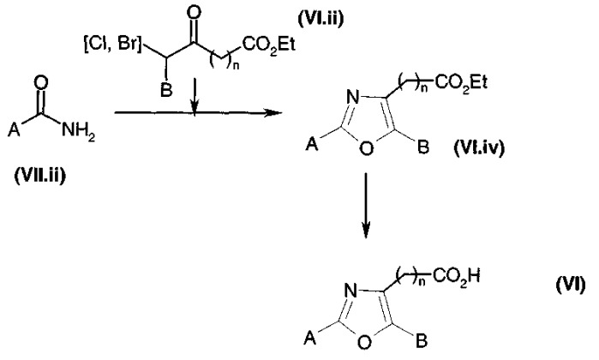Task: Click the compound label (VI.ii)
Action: click(320, 18)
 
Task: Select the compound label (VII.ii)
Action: click(40, 176)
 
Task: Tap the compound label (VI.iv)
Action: click(479, 147)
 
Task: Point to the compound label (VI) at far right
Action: click(570, 285)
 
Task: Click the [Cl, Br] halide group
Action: click(112, 45)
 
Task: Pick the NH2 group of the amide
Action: click(78, 132)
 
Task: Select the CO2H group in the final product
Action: click(456, 276)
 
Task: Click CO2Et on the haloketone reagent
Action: click(269, 45)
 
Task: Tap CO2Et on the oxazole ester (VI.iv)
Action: click(460, 82)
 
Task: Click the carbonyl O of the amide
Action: click(42, 83)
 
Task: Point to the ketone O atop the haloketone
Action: click(194, 15)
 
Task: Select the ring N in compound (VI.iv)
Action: click(352, 98)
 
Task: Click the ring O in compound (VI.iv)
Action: click(366, 148)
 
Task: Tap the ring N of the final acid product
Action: click(351, 291)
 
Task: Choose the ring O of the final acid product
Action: click(365, 342)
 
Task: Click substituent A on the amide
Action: click(14, 131)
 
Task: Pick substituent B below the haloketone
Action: click(166, 91)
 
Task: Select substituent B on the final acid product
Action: click(422, 341)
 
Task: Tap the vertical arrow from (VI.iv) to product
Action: click(366, 206)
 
